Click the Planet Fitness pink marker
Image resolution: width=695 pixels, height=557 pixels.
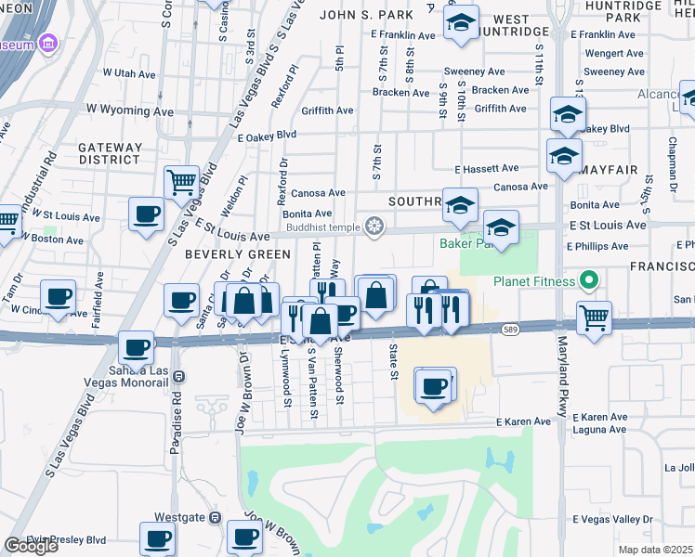(x=586, y=279)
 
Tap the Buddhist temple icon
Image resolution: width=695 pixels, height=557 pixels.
(x=374, y=227)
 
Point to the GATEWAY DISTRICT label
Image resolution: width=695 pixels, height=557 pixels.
(x=111, y=153)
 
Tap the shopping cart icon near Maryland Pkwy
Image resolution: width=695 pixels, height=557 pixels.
(x=594, y=317)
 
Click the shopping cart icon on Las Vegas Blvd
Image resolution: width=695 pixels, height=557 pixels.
(x=182, y=181)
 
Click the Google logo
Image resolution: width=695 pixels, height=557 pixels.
(x=31, y=546)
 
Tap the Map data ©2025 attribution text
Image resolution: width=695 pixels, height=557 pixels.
(x=656, y=550)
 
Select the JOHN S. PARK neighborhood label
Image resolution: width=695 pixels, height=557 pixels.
(x=357, y=15)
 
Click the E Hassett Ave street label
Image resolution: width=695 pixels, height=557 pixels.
(x=486, y=169)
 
